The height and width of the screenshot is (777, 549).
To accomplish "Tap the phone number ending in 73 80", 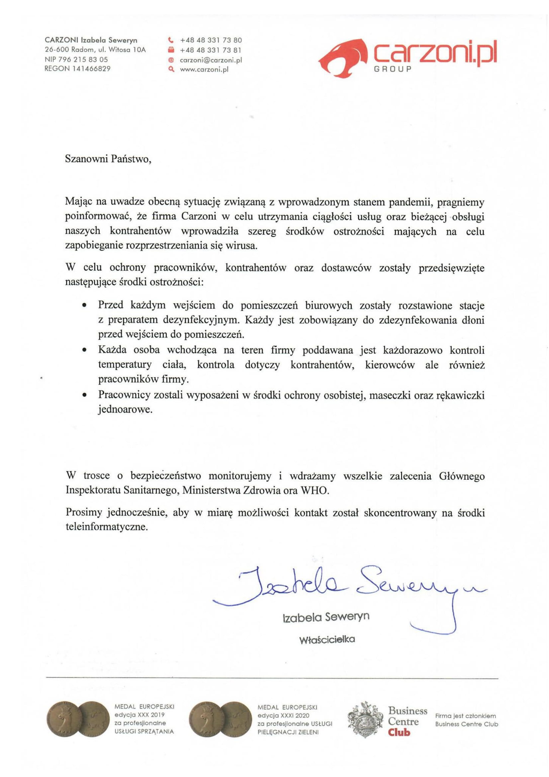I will pyautogui.click(x=211, y=40).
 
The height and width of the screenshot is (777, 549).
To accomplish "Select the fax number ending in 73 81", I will pyautogui.click(x=211, y=50).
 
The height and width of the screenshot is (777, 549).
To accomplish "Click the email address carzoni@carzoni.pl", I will pyautogui.click(x=211, y=60).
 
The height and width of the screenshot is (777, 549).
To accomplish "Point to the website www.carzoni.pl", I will pyautogui.click(x=204, y=70).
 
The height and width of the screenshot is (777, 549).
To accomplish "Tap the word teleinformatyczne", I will pyautogui.click(x=107, y=527).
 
